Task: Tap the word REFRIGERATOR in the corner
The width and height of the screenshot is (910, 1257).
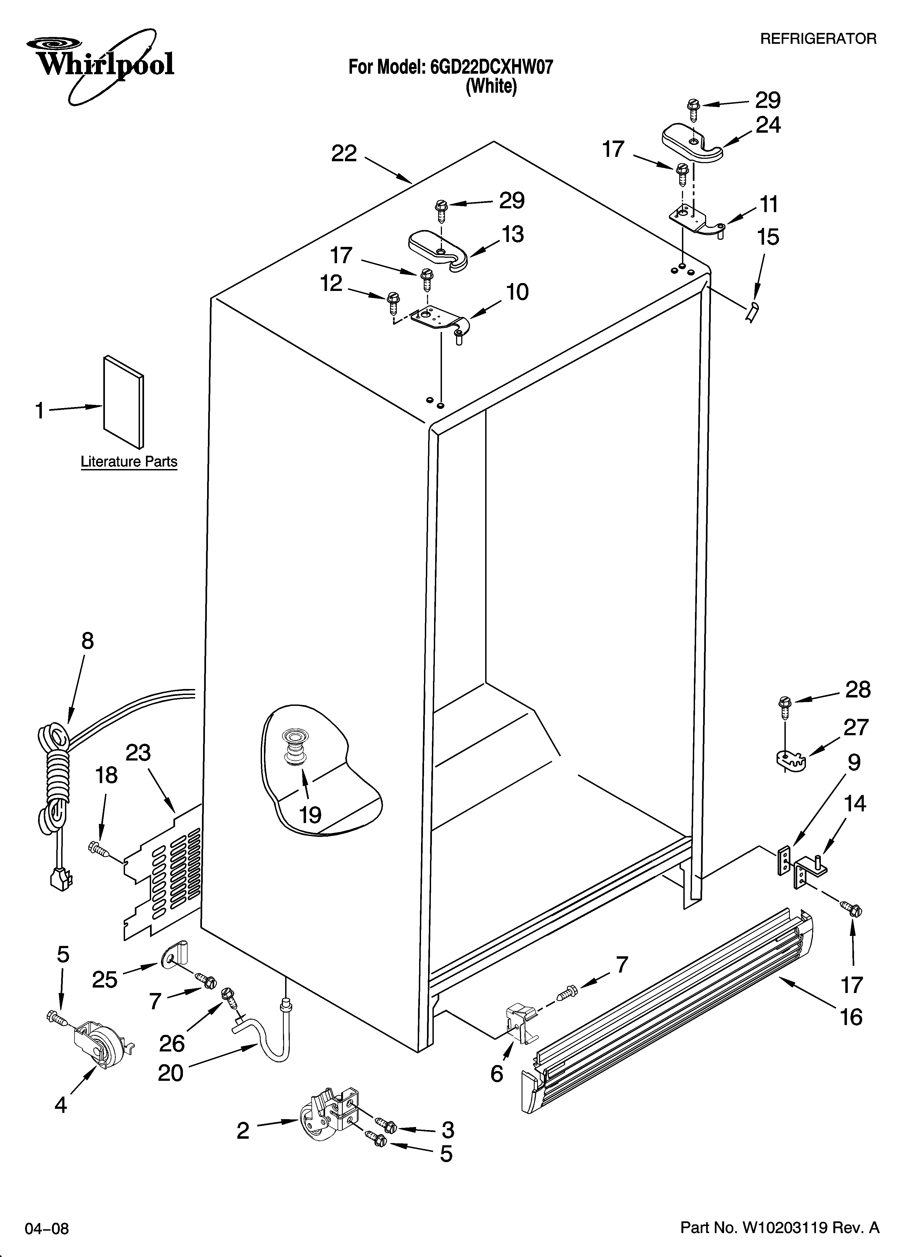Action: pyautogui.click(x=817, y=39)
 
